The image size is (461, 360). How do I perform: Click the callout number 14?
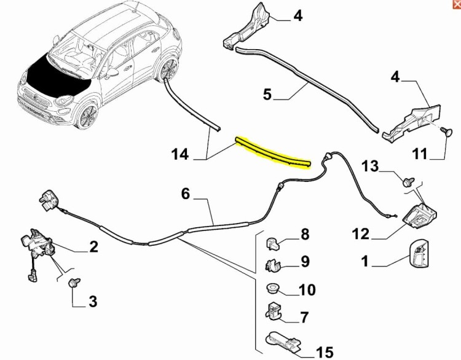click(179, 154)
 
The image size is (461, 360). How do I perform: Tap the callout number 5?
click(267, 95)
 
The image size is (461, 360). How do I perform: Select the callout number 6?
click(186, 194)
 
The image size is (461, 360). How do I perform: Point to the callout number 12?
click(360, 234)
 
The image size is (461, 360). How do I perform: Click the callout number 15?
click(325, 353)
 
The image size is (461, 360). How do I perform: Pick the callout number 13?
click(370, 166)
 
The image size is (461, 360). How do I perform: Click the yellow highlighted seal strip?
click(272, 154)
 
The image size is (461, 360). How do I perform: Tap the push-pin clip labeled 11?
click(446, 131)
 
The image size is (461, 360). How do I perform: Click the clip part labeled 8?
click(272, 244)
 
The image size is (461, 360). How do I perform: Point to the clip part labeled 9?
click(273, 265)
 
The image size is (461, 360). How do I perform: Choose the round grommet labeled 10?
click(272, 289)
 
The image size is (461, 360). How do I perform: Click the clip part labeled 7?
click(273, 311)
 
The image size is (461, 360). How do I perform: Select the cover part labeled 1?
click(419, 254)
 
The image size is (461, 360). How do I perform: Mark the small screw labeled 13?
click(408, 182)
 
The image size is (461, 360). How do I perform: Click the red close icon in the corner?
click(457, 3)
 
